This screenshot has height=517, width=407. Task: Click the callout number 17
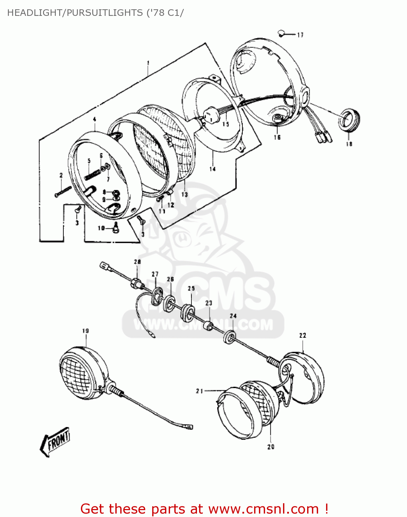click(300, 35)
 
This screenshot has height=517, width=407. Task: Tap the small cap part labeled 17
click(281, 33)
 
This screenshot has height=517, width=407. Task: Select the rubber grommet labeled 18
click(349, 120)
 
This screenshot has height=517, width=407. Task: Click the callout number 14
click(212, 169)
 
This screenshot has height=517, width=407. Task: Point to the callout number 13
click(185, 194)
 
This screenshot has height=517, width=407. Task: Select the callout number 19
click(85, 331)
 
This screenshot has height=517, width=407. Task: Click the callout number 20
click(271, 447)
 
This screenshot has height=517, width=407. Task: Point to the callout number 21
click(200, 391)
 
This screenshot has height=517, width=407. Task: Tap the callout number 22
click(303, 335)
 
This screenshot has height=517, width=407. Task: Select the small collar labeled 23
click(209, 325)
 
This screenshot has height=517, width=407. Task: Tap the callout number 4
click(94, 120)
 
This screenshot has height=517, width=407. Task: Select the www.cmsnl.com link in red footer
click(263, 509)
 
